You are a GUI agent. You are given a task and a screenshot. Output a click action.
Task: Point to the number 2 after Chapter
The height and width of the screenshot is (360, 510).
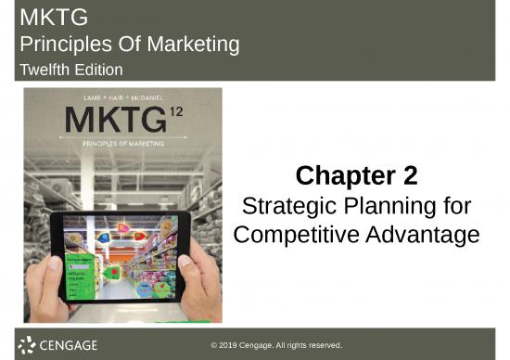[x=409, y=175]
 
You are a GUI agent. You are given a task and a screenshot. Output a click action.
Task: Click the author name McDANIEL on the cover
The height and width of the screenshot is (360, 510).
[x=150, y=96]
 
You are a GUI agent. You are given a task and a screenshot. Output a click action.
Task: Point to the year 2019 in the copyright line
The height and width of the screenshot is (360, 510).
[x=235, y=344]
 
